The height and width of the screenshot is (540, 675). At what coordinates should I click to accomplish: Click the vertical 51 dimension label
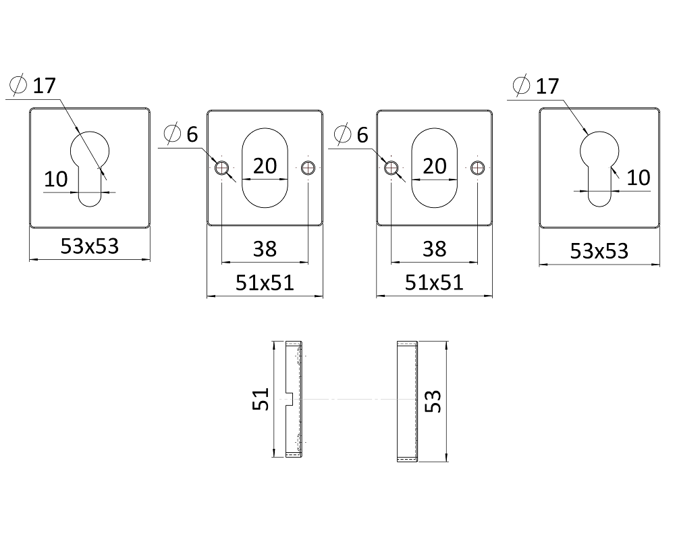(x=261, y=399)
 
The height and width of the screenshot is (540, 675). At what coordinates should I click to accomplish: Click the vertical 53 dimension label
(x=433, y=402)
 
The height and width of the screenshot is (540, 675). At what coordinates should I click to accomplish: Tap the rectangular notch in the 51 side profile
(x=290, y=399)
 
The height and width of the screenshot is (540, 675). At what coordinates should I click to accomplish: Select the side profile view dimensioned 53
(x=407, y=402)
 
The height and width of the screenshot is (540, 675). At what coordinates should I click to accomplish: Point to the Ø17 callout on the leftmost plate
(x=33, y=85)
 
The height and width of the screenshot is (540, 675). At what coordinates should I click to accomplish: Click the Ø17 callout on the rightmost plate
(x=536, y=86)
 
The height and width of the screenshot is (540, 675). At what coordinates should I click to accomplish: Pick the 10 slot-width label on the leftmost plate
(x=56, y=179)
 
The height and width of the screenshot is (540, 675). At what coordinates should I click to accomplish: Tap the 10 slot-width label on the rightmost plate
(x=639, y=178)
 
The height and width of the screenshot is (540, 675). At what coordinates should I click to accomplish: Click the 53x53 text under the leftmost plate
(x=90, y=246)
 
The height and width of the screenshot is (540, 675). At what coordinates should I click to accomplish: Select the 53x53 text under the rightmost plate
(x=599, y=250)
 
